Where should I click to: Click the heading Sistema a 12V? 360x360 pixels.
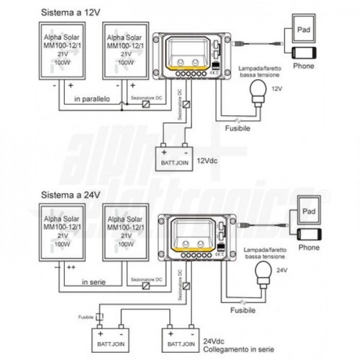(x=67, y=13)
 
